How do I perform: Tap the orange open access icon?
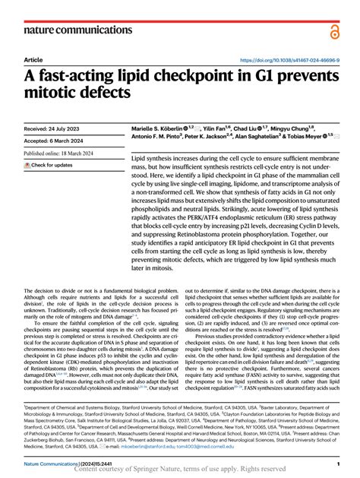335,30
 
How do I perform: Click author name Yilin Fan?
218,130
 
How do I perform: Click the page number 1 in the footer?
336,463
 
